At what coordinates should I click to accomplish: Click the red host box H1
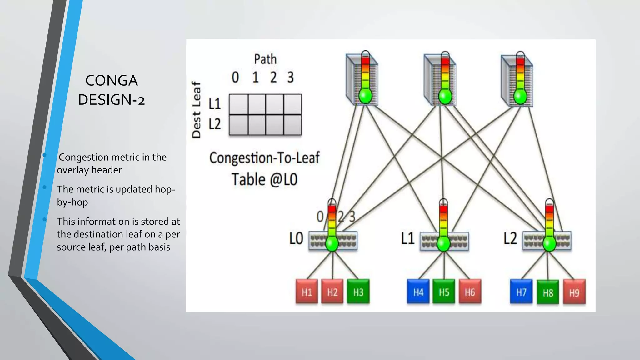307,292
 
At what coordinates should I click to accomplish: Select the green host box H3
358,292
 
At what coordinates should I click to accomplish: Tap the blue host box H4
418,292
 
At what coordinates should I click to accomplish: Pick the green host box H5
444,292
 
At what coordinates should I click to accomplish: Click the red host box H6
470,292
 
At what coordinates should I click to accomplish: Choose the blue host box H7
521,292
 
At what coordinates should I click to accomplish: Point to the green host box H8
547,292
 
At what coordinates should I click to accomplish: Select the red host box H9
574,292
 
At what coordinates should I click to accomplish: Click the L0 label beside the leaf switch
296,238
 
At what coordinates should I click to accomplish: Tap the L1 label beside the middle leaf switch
408,238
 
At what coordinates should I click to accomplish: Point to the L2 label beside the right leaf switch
510,238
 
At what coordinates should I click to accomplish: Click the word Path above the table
265,59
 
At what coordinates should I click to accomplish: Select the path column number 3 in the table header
291,77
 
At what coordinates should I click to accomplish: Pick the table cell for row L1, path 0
239,104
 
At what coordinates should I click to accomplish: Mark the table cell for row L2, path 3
292,125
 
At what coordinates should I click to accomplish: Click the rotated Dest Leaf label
196,110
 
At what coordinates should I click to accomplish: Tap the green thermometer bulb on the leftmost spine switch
365,96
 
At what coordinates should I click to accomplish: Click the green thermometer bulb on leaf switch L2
549,244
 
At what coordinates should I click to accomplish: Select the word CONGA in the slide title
112,81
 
